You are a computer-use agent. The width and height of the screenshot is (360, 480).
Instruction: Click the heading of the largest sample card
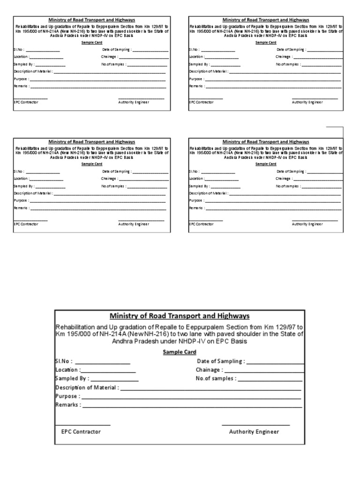tap(180, 316)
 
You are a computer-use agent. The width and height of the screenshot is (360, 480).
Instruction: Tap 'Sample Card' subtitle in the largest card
tap(180, 352)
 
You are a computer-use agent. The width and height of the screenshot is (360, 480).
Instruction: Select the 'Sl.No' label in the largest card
tap(64, 361)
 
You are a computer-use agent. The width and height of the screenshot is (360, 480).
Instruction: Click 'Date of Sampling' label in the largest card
tap(220, 361)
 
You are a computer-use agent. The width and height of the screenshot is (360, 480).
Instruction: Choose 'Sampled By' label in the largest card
tap(71, 378)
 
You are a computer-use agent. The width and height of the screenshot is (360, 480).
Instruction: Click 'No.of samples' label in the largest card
tap(216, 378)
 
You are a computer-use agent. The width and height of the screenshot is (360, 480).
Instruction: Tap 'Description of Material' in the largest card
tap(87, 388)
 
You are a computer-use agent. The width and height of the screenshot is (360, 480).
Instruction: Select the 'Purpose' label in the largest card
tap(67, 396)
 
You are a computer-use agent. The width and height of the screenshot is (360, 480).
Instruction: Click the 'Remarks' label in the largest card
tap(67, 405)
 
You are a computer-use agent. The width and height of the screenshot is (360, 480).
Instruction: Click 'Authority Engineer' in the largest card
tap(254, 432)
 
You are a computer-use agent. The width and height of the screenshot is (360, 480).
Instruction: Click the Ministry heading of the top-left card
tap(92, 20)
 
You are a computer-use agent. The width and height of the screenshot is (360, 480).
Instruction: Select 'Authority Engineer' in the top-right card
tap(307, 102)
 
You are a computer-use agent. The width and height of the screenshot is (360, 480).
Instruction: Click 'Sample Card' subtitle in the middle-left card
tap(92, 164)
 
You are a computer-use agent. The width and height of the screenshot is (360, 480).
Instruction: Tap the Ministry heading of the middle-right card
tap(266, 142)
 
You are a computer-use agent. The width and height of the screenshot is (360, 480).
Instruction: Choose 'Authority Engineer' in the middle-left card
tap(134, 224)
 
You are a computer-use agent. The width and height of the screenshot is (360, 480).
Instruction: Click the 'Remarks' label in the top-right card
tap(195, 86)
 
